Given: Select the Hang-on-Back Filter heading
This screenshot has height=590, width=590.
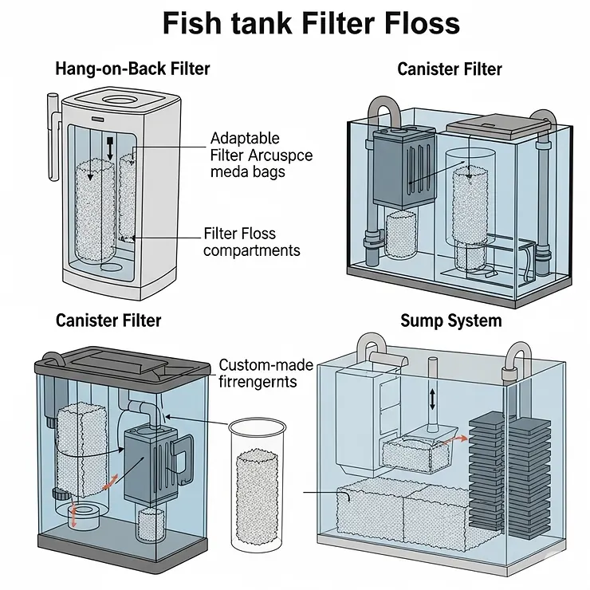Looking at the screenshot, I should (x=132, y=69).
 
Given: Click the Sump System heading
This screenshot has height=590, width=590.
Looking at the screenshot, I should (x=450, y=321).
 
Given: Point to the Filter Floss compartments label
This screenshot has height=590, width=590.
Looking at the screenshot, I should (x=251, y=242).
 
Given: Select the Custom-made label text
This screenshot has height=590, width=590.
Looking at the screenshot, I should (x=266, y=366).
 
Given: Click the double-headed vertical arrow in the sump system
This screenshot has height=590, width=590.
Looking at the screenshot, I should (x=433, y=398).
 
